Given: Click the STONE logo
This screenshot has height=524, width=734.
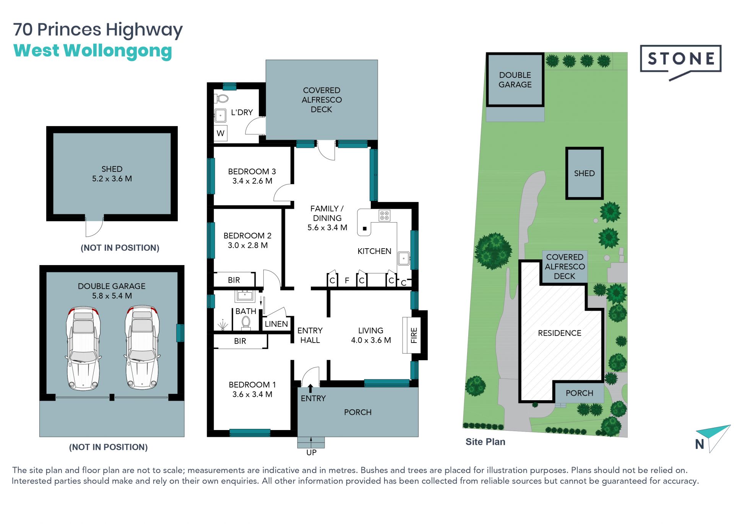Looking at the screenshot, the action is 680,61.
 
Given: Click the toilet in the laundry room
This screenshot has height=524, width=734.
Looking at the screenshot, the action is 222,99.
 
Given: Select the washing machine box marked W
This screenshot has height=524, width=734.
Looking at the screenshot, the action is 221,133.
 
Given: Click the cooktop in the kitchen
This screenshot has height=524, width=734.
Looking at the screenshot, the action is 384,215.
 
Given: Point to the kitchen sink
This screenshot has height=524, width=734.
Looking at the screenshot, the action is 404,259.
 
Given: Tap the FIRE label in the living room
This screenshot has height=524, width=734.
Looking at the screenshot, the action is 414,335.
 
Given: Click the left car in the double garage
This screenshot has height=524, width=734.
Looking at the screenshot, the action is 83,348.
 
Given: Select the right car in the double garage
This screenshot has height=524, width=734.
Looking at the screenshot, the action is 142,347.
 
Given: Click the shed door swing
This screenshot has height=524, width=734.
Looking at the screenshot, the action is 94,228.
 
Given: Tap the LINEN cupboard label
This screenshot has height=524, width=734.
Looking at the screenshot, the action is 276,324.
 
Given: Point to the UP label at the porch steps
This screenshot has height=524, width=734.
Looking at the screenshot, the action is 311,453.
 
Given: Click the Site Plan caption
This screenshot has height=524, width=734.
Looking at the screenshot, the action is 485,442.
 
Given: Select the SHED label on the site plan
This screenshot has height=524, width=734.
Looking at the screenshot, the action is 584,173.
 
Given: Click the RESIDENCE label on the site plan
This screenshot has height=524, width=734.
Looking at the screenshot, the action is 559,333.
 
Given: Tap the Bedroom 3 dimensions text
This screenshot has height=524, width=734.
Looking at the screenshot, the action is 252,181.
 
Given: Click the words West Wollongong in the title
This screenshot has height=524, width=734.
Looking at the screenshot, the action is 93,51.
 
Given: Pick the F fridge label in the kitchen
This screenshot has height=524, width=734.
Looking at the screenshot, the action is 347,281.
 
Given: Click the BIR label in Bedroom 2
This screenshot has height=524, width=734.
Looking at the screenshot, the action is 234,280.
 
